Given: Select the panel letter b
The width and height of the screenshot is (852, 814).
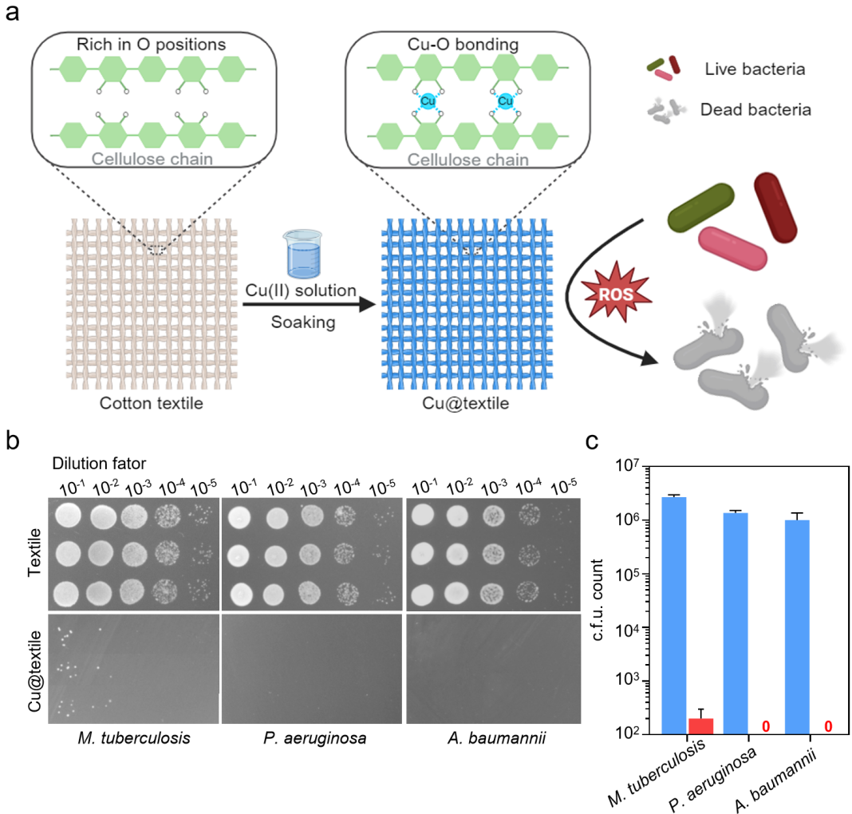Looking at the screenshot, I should point(12,440).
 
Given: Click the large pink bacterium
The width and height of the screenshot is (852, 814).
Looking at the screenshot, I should point(734,247).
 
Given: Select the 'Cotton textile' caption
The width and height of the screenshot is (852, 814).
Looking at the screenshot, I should point(152,403).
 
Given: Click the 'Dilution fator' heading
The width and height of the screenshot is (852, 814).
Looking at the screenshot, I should point(99,463).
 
